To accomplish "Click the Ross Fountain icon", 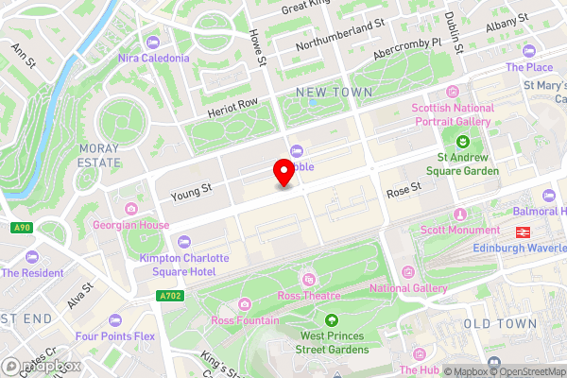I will click(x=245, y=303).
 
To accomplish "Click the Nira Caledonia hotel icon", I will click(x=153, y=41).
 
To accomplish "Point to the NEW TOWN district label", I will click(x=334, y=92).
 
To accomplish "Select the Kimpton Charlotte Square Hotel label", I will click(x=183, y=265).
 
